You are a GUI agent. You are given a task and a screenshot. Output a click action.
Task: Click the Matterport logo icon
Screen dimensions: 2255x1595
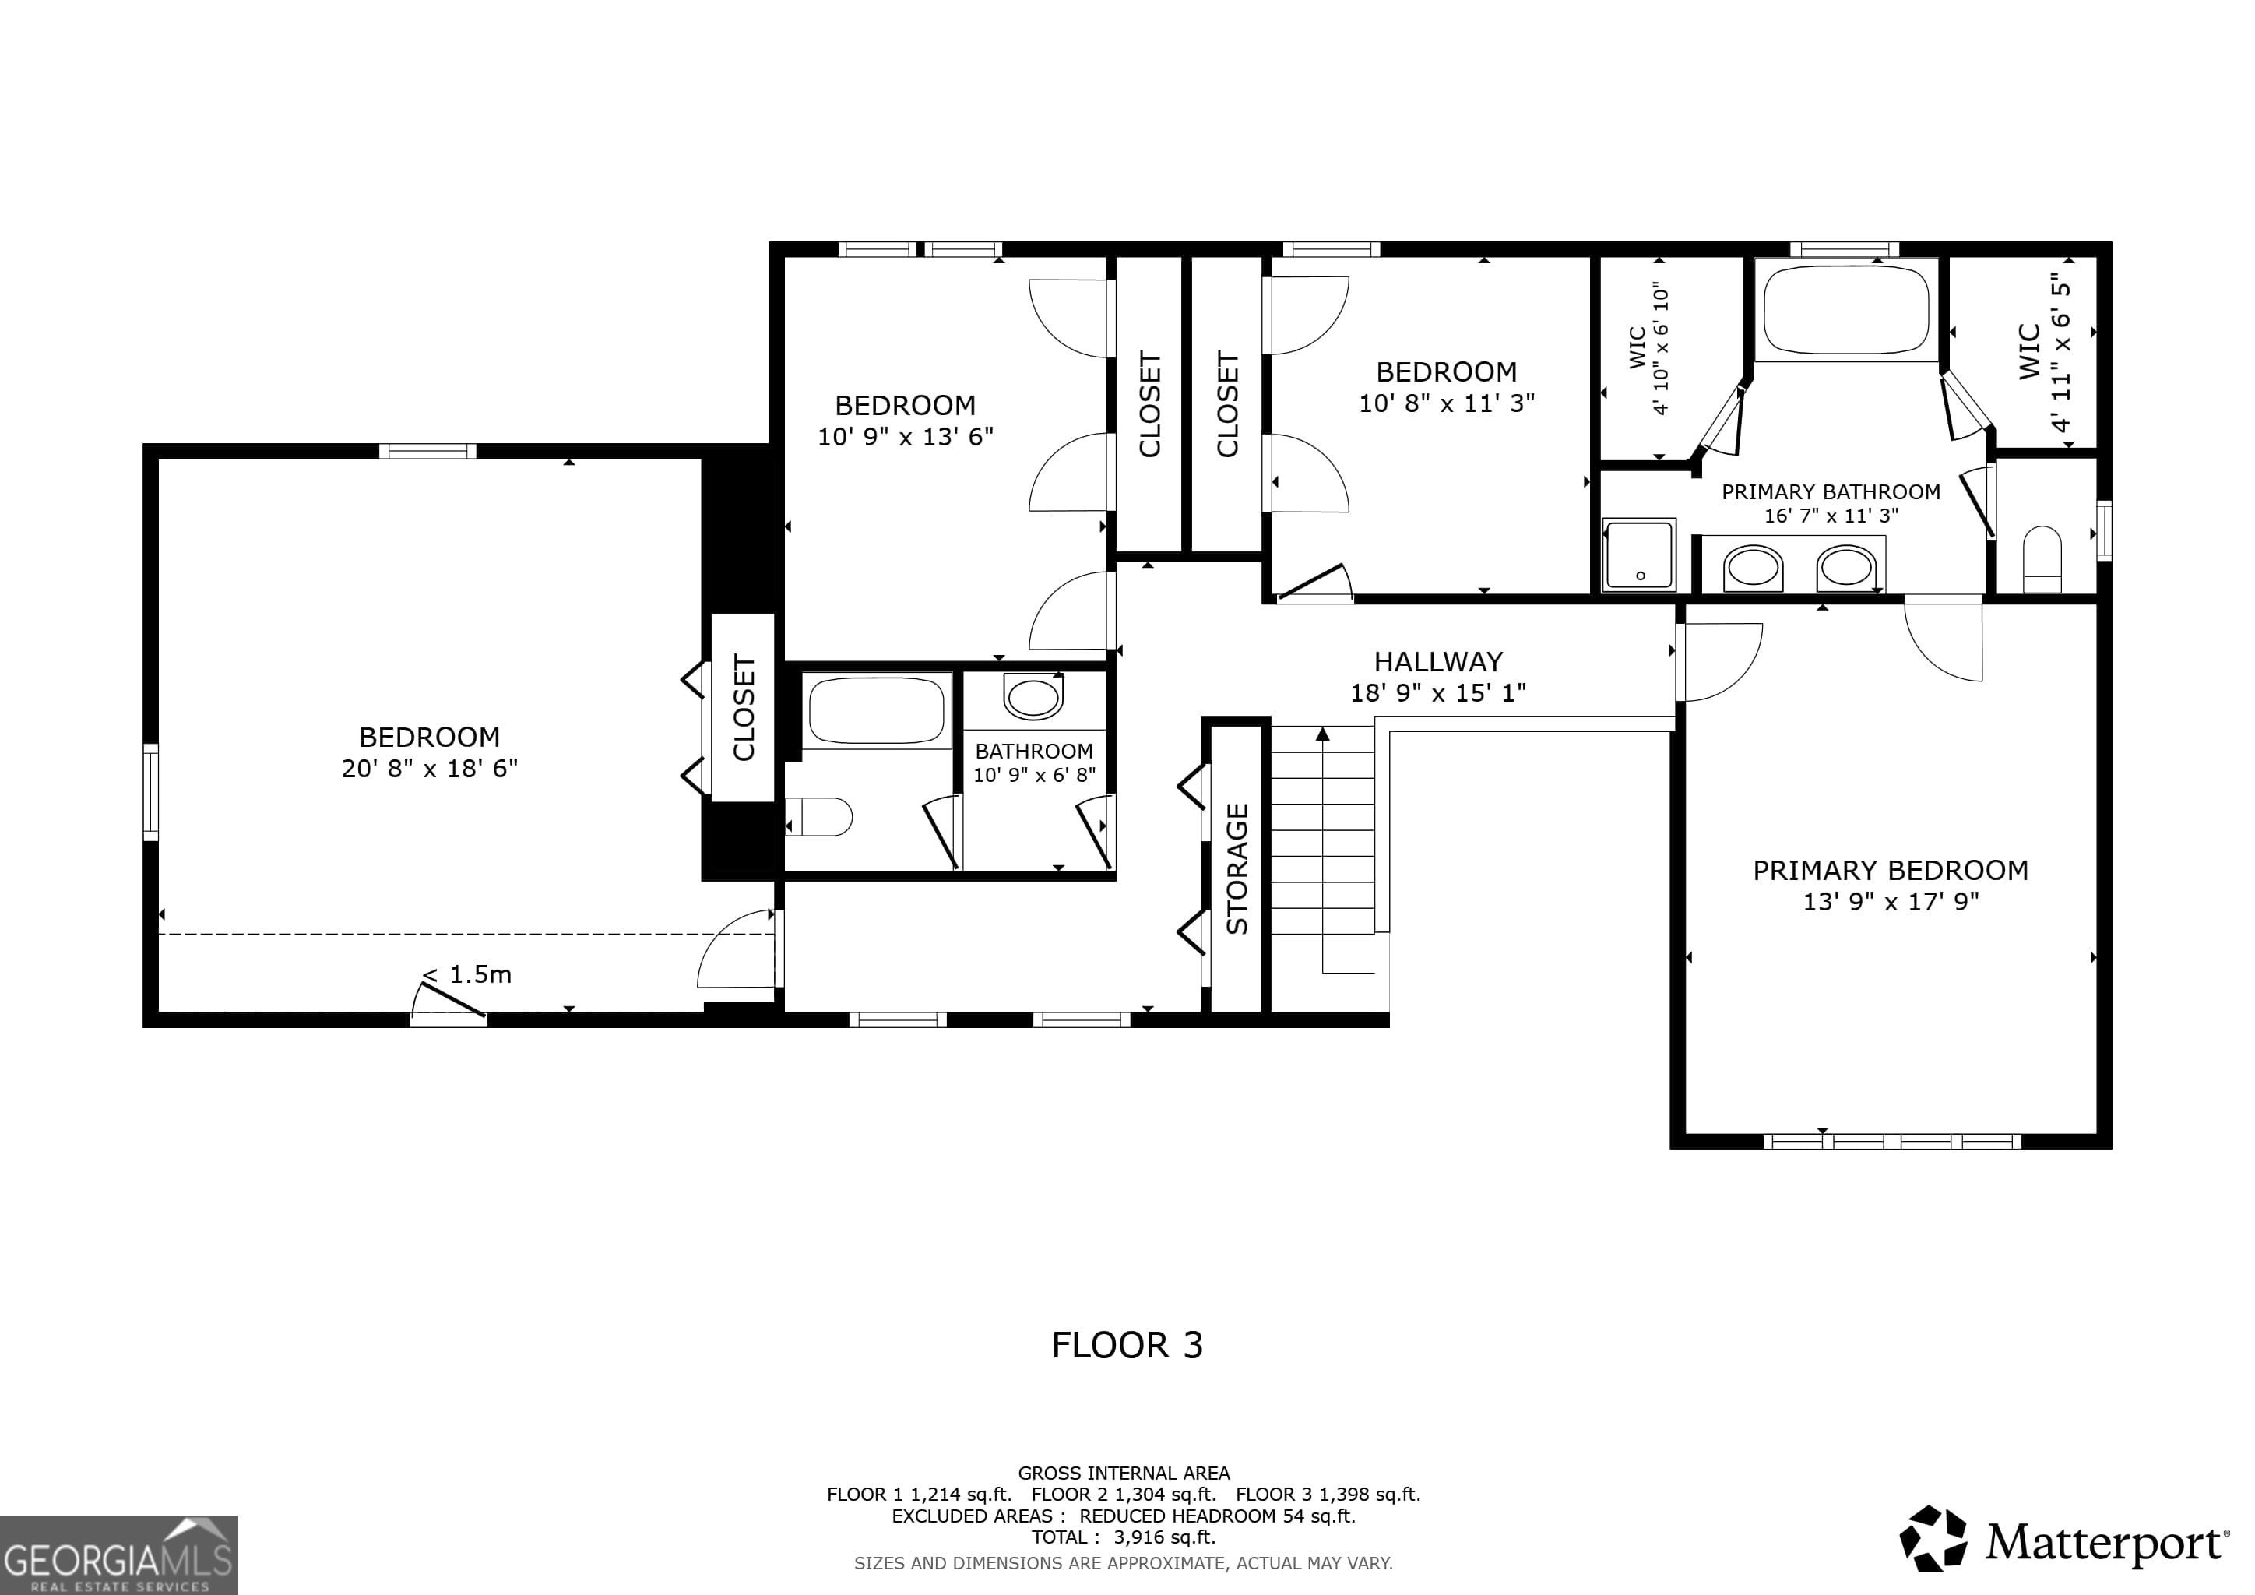pos(1933,1538)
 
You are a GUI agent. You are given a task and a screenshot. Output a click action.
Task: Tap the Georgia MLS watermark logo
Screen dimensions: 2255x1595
pos(119,1555)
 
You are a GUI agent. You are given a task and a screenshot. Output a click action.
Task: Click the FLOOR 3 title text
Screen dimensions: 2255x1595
pos(1127,1344)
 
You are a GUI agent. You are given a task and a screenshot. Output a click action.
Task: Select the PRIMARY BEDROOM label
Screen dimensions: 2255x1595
pos(1891,870)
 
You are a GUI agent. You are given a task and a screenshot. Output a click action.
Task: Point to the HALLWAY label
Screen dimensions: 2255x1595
pos(1438,661)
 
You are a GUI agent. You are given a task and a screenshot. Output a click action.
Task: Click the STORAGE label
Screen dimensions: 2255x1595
pos(1237,868)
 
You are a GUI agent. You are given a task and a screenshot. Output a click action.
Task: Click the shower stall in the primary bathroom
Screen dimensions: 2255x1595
pos(1639,555)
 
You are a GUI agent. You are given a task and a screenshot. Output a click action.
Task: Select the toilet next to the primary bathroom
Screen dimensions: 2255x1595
pos(2043,560)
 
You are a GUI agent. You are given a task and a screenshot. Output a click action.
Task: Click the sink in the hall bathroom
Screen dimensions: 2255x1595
pos(1033,697)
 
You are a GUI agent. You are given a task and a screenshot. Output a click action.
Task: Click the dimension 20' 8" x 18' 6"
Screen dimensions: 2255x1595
pos(429,768)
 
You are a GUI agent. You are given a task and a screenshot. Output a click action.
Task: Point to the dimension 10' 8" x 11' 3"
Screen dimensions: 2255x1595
pos(1447,403)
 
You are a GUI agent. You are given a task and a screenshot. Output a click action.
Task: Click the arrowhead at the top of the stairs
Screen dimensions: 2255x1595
pos(1323,733)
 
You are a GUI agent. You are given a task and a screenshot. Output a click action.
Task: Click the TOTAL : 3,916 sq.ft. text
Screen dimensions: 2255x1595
pos(1124,1537)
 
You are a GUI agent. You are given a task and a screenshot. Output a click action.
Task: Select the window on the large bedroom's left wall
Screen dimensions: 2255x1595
pos(150,791)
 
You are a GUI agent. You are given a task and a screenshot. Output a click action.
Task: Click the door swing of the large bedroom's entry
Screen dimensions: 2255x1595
pos(737,949)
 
